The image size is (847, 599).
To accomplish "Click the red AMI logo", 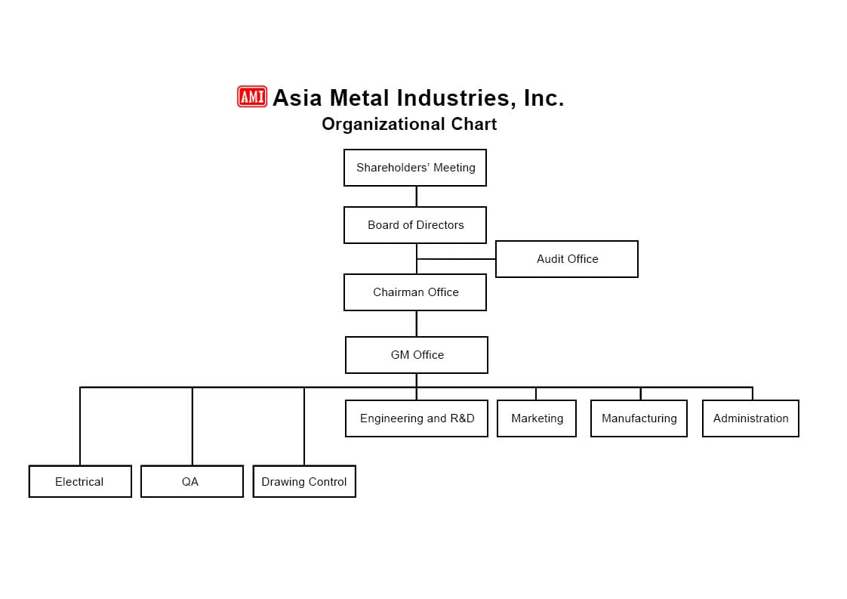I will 252,97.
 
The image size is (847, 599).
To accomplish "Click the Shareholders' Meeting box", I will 415,168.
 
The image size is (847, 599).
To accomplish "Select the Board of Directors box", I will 415,225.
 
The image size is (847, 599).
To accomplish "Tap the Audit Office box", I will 567,259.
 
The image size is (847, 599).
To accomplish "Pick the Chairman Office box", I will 415,292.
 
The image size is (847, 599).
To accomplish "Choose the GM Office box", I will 417,355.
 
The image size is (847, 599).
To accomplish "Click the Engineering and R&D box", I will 417,418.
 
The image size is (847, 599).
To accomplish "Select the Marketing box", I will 537,418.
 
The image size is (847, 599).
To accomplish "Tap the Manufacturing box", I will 639,418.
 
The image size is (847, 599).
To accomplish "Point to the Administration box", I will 750,418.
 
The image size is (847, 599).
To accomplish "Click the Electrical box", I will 80,481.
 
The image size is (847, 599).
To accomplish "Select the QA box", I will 192,481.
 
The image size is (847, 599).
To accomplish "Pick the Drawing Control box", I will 304,481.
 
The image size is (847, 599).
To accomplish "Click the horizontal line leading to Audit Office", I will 457,259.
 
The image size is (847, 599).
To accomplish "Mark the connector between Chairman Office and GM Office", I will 416,323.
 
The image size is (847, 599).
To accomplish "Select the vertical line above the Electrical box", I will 80,427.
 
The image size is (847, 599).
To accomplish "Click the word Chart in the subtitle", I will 473,124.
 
